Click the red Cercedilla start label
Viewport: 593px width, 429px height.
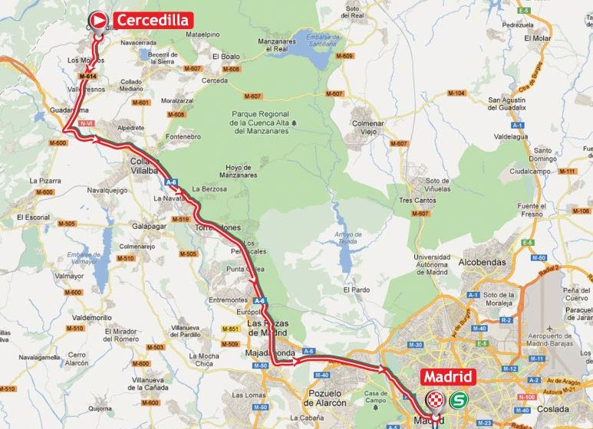click(153, 20)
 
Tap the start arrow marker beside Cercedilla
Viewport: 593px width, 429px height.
click(99, 20)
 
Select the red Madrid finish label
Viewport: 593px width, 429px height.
click(448, 377)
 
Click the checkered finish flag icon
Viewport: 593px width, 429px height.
click(436, 399)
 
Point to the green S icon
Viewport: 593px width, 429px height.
click(458, 399)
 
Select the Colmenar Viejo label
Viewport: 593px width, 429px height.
click(367, 126)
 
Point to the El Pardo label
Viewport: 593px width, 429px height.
click(357, 290)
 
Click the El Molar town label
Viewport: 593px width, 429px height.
click(537, 37)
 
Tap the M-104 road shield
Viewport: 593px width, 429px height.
click(456, 93)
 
